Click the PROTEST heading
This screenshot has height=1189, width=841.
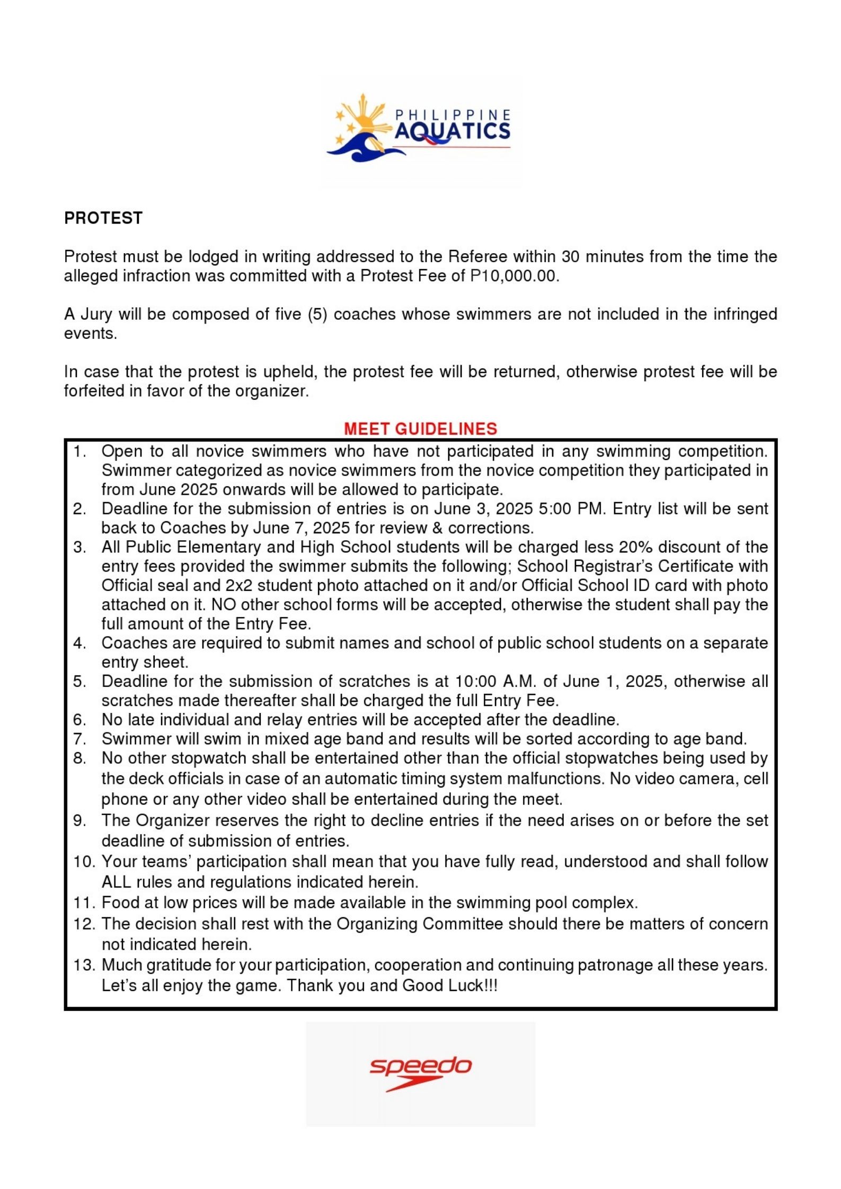click(103, 218)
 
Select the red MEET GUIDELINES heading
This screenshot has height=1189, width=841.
click(420, 428)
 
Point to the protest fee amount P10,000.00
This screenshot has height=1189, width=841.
click(514, 276)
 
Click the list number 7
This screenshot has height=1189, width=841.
click(79, 739)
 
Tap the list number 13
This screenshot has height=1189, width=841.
click(84, 965)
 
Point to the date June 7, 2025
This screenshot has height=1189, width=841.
click(301, 528)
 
